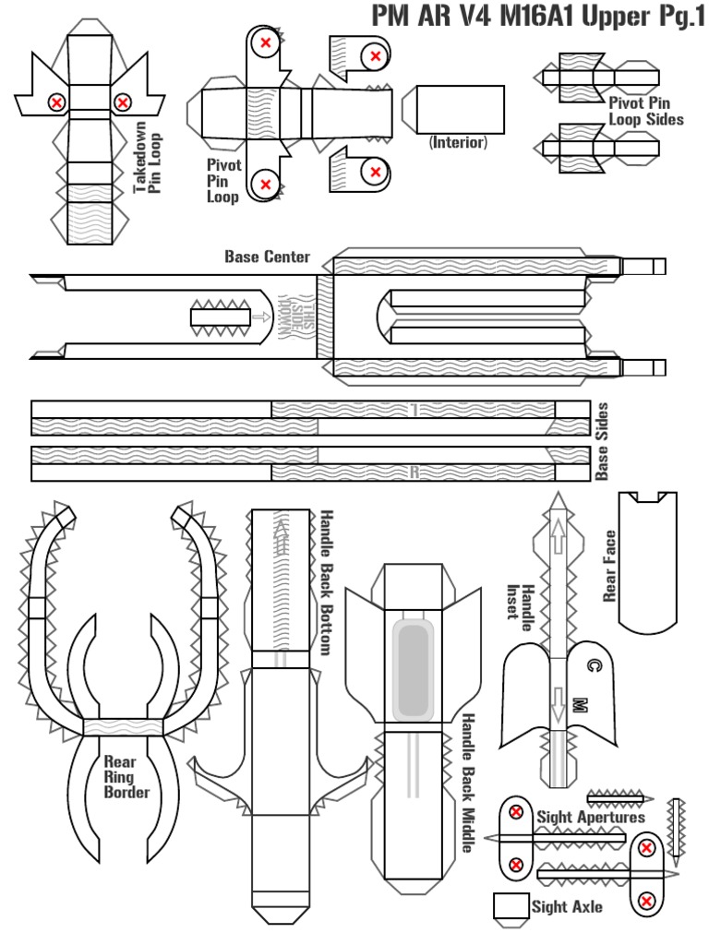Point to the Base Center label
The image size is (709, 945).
(x=267, y=256)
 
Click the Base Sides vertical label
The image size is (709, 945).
(x=602, y=440)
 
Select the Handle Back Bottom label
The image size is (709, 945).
(x=324, y=582)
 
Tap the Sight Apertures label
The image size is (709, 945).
(x=591, y=817)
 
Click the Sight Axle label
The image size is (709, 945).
(x=567, y=906)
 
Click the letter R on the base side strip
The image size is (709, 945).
(x=415, y=472)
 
